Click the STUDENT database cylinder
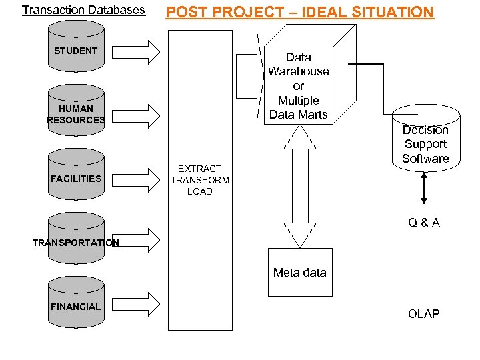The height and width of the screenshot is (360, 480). (x=76, y=46)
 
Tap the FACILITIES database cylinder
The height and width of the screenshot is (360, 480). (x=76, y=174)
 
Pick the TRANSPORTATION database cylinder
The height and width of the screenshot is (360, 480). (x=76, y=238)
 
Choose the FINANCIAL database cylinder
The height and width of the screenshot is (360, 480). (x=76, y=303)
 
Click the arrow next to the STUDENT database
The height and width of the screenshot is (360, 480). (x=145, y=51)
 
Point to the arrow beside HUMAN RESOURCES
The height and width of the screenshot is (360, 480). (x=145, y=115)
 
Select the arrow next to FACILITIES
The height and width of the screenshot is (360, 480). (x=145, y=179)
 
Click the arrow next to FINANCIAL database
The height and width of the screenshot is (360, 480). (x=145, y=305)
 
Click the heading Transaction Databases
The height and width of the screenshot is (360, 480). (x=83, y=10)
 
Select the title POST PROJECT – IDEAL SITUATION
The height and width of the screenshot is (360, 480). (x=299, y=12)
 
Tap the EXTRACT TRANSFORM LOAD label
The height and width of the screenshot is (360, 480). (x=200, y=180)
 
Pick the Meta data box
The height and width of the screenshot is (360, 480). (x=299, y=272)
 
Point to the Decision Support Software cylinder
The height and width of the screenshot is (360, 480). (x=425, y=143)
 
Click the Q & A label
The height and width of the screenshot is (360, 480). (x=424, y=223)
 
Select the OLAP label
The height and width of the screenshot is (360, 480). (x=423, y=313)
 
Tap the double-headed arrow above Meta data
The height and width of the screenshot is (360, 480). (x=300, y=186)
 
